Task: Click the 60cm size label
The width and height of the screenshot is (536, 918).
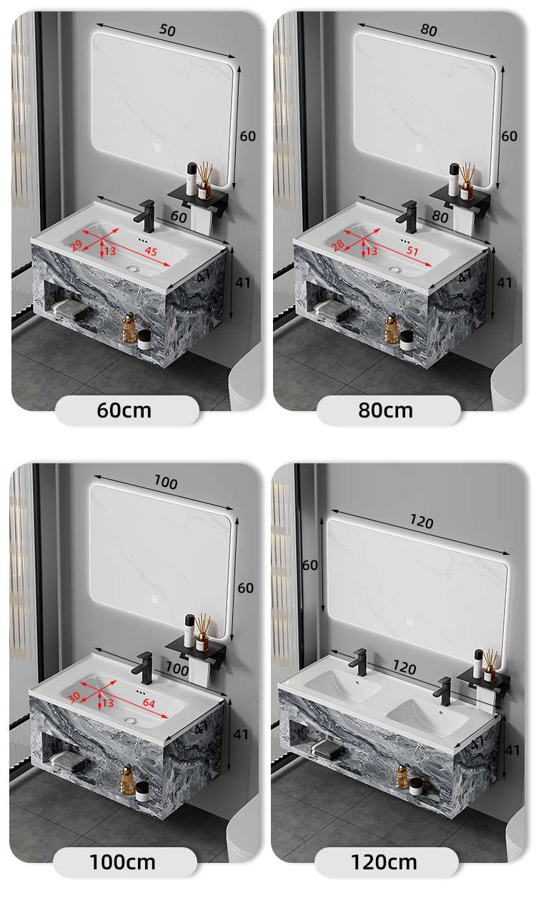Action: [124, 410]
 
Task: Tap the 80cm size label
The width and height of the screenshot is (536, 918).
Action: [385, 410]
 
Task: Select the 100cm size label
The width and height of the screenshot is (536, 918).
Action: [122, 862]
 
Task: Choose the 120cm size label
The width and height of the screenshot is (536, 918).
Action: [384, 862]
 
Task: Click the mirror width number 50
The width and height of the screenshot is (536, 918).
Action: [167, 30]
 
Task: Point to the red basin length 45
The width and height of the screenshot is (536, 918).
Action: [151, 251]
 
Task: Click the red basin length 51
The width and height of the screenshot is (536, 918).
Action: [412, 250]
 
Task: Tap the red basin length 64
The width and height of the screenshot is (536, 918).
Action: [149, 703]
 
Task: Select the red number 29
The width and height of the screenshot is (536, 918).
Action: [76, 246]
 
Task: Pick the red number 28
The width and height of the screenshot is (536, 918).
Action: [337, 245]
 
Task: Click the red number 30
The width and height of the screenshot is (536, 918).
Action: [74, 698]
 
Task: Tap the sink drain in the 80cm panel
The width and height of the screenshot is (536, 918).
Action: [394, 270]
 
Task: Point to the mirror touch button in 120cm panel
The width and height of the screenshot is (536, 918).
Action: [410, 622]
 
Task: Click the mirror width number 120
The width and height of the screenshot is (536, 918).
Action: [421, 522]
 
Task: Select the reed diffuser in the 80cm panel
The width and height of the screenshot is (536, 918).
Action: [467, 182]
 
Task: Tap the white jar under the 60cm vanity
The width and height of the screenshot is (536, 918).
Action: [144, 340]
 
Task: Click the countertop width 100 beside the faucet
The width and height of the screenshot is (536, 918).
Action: [177, 668]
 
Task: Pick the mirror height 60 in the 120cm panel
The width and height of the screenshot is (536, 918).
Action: [310, 565]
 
